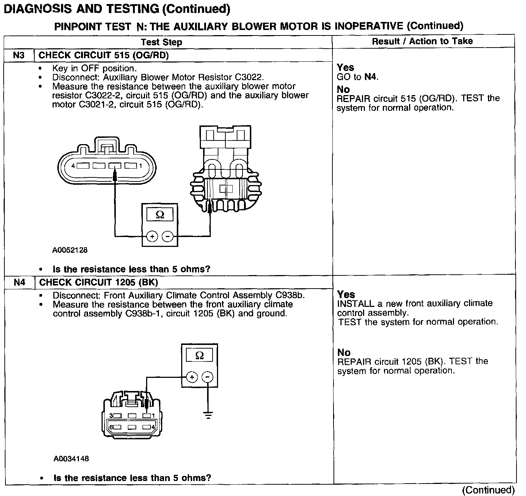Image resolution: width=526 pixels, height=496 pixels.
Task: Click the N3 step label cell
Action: point(19,55)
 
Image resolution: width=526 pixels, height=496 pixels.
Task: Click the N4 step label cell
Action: point(19,282)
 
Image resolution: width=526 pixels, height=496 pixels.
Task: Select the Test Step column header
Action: point(161,42)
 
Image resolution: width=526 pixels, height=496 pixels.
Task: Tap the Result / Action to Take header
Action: point(422,41)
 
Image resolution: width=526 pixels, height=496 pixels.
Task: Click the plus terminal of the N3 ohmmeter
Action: point(152,237)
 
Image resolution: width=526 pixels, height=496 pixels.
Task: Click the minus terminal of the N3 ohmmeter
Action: point(167,237)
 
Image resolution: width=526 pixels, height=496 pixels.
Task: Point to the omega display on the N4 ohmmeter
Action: point(199,355)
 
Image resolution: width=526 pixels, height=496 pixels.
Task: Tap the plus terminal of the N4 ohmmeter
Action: point(192,377)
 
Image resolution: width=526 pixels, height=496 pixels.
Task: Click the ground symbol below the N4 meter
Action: point(208,415)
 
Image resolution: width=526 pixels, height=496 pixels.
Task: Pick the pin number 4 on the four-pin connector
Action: point(73,166)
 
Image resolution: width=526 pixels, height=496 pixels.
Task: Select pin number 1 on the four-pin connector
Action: point(141,166)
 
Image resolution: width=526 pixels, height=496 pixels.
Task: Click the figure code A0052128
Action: point(70,250)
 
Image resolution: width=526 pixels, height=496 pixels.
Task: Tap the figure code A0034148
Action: point(71,458)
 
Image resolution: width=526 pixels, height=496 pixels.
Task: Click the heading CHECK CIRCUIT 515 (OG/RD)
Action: point(104,55)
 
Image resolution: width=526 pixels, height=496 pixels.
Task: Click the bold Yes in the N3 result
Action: point(345,67)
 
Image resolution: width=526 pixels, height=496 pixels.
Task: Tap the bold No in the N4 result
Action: point(344,353)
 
